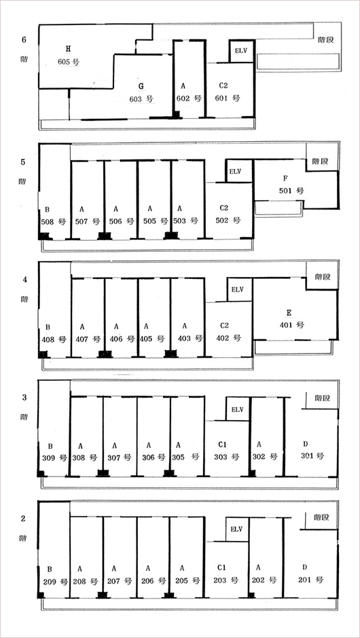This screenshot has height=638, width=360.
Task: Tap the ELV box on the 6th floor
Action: pyautogui.click(x=242, y=52)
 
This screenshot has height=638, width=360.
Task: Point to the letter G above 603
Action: pyautogui.click(x=141, y=86)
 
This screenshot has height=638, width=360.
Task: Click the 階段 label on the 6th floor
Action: pyautogui.click(x=326, y=40)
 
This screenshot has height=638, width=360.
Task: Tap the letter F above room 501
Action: pyautogui.click(x=285, y=179)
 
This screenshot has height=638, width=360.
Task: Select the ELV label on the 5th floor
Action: pyautogui.click(x=236, y=171)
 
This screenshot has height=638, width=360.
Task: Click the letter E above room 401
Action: pyautogui.click(x=289, y=312)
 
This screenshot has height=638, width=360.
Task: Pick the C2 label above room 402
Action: pyautogui.click(x=224, y=326)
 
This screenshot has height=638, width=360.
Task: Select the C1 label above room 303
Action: pyautogui.click(x=222, y=443)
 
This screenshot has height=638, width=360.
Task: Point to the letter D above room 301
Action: pyautogui.click(x=306, y=443)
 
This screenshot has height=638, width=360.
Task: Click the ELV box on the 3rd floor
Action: pyautogui.click(x=237, y=409)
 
